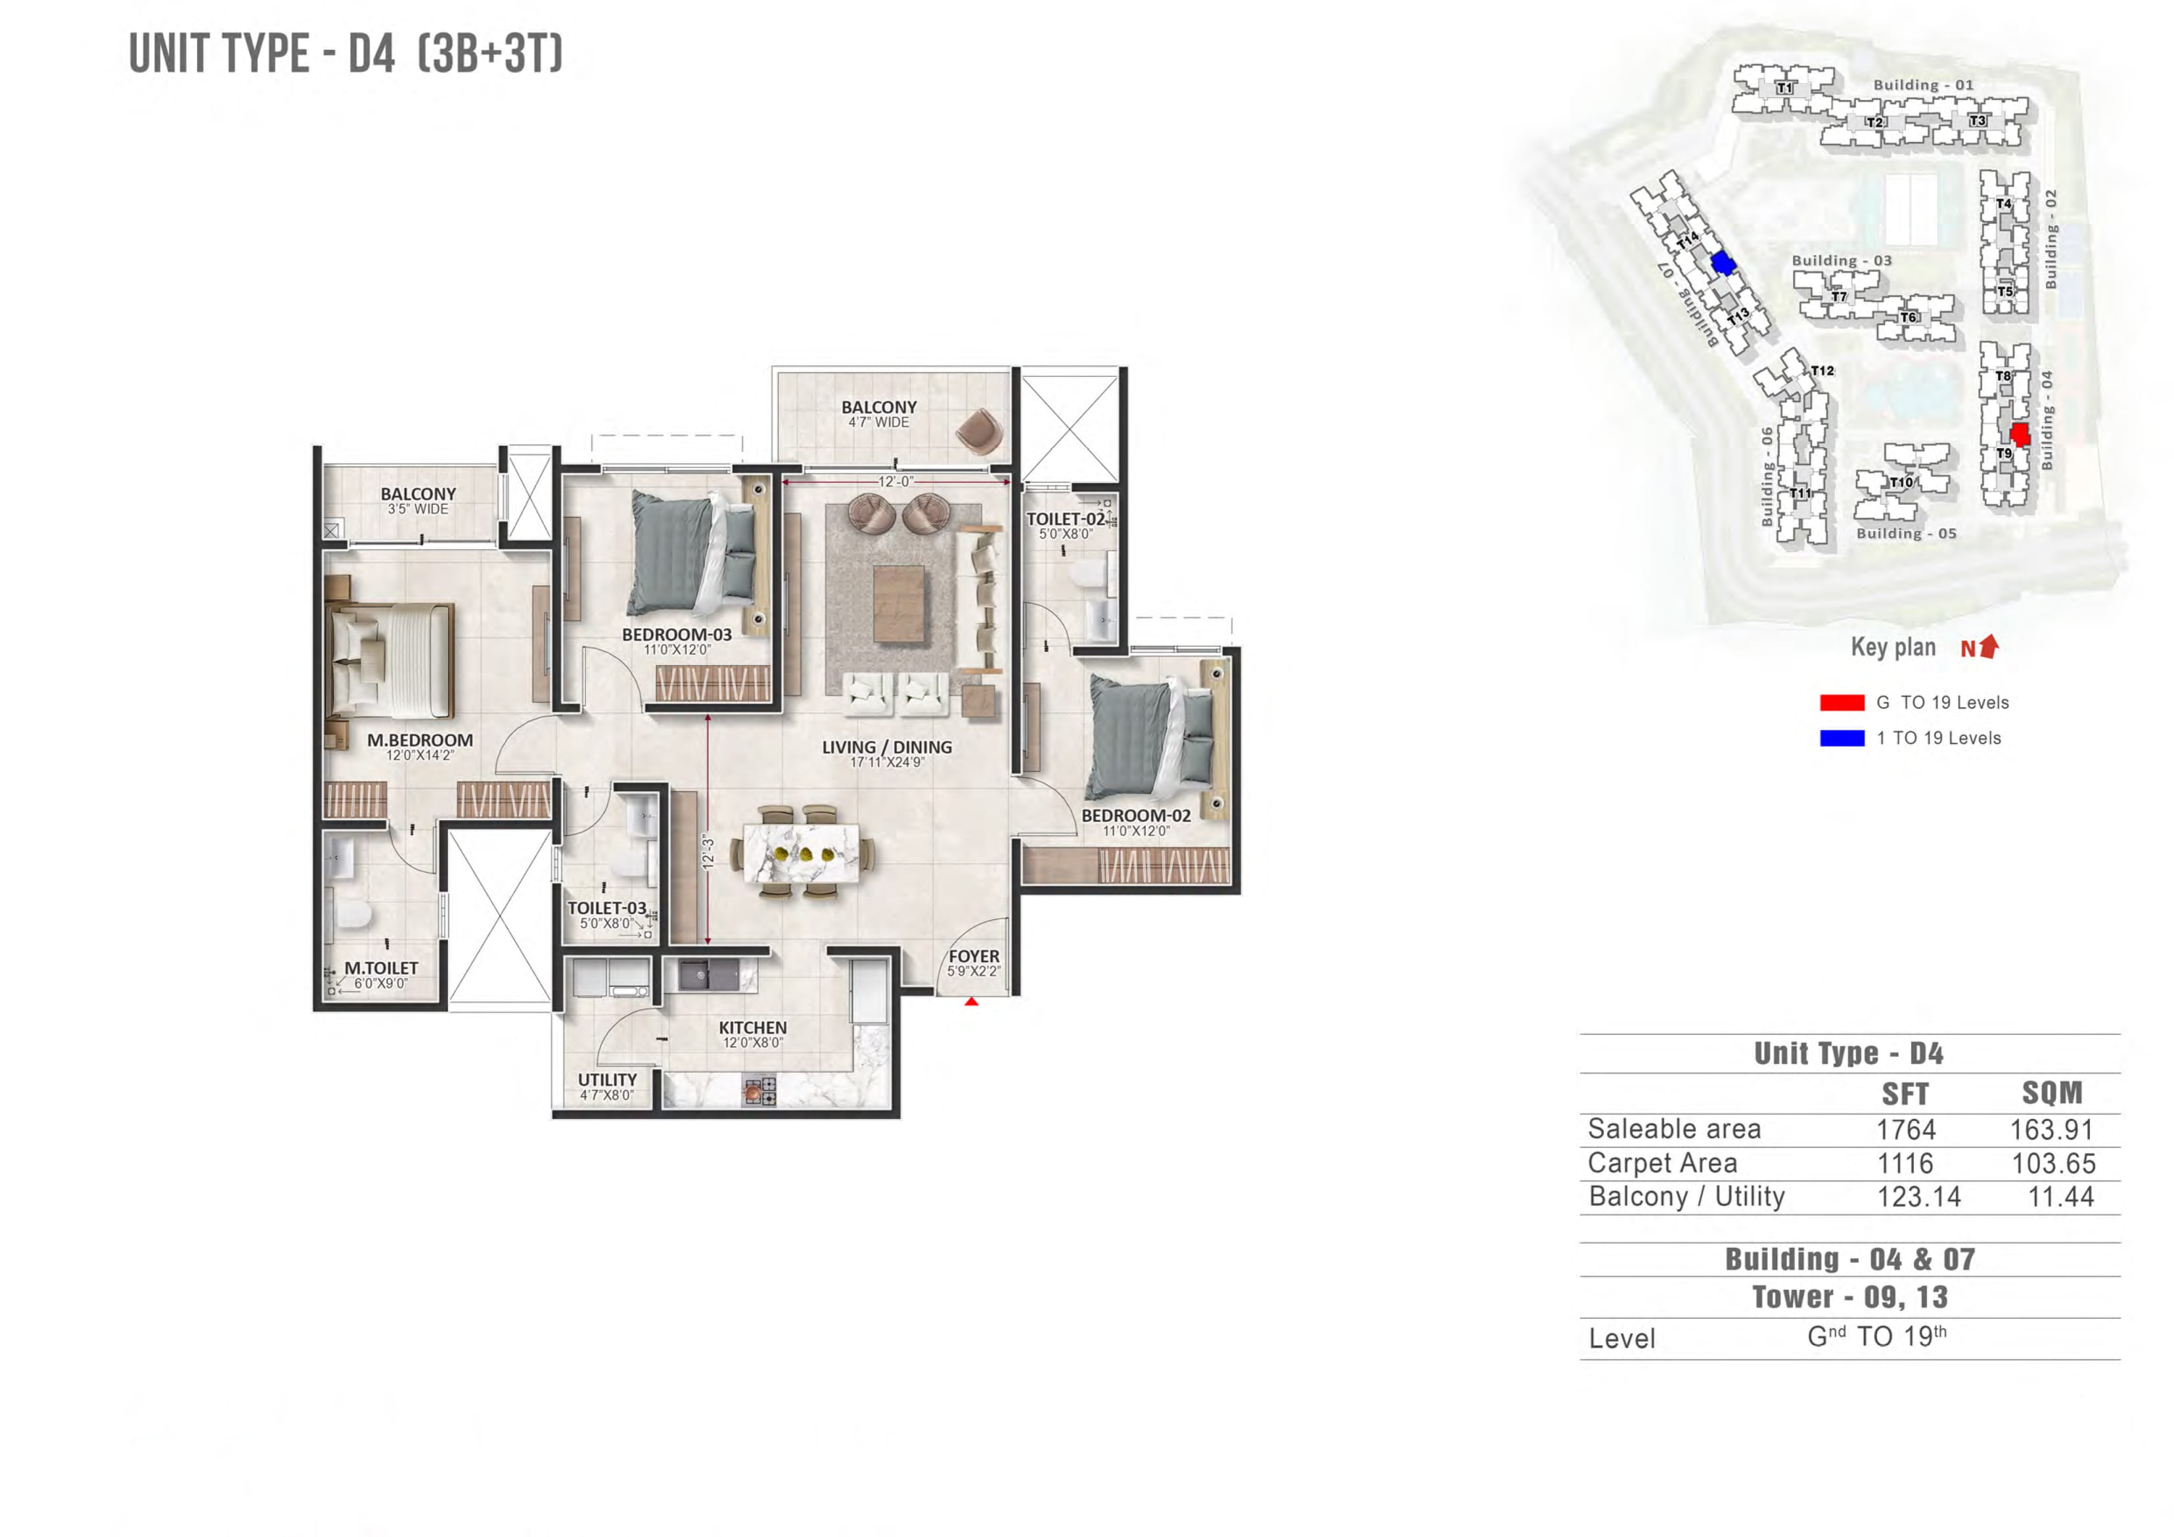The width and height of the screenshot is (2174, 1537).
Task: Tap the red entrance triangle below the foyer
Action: tap(972, 1001)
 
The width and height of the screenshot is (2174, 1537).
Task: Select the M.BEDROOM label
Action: tap(419, 741)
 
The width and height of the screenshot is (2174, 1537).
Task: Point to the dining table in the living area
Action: tap(801, 852)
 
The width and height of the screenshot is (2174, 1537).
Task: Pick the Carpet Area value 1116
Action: tap(1905, 1163)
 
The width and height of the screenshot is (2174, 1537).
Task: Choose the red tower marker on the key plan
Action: tap(2020, 434)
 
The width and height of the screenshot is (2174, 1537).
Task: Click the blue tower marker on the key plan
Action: tap(1723, 262)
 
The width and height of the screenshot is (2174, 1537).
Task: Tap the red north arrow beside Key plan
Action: tap(1989, 646)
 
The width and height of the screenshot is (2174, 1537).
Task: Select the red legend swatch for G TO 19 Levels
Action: tap(1842, 702)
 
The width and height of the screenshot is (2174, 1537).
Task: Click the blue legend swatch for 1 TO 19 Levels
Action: tap(1842, 738)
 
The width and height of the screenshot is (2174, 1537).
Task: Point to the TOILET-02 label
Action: tap(1065, 519)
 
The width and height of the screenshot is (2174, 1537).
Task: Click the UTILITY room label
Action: tap(607, 1080)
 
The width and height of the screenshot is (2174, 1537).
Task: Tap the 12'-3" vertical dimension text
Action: tap(708, 852)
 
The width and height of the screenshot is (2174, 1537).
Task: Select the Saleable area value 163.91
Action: tap(2052, 1130)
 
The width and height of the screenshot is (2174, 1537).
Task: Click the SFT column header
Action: tap(1905, 1094)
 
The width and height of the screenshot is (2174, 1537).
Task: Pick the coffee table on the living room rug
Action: tap(897, 604)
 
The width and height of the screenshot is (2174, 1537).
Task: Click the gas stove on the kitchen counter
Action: tap(758, 1091)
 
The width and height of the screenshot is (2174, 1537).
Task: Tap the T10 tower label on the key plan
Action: tap(1900, 483)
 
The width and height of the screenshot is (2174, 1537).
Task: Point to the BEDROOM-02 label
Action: tap(1135, 815)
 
